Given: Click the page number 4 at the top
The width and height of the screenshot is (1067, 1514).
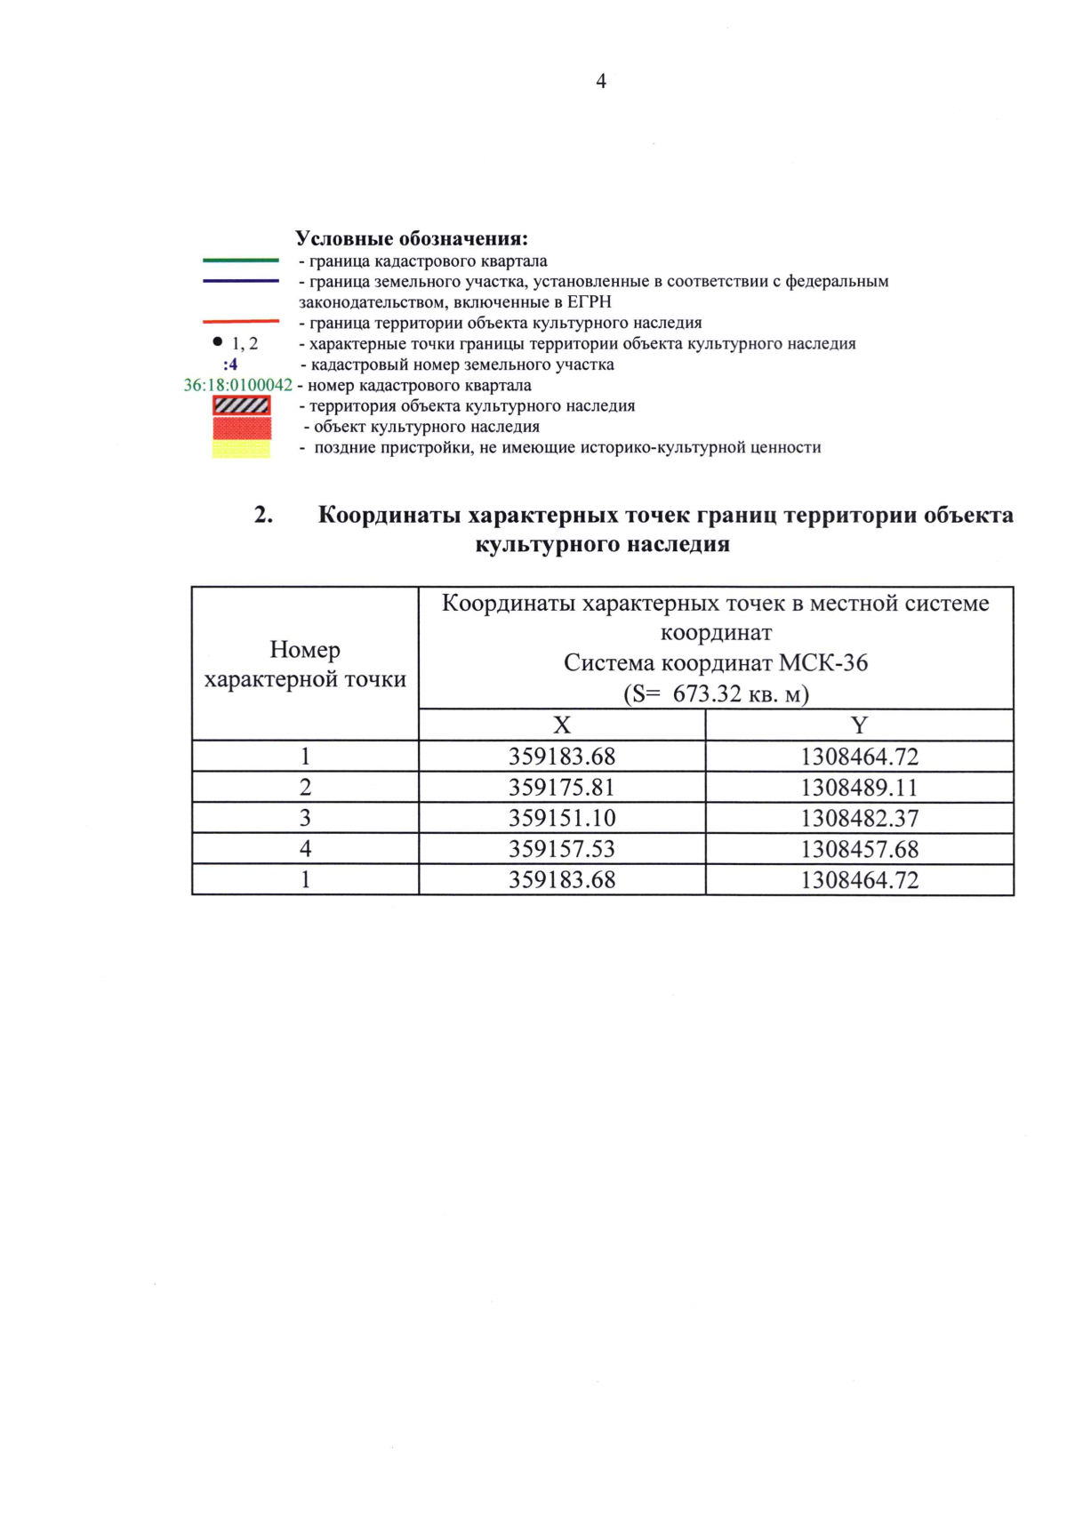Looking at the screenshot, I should [601, 81].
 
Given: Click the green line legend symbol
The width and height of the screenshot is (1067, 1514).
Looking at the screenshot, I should [241, 260].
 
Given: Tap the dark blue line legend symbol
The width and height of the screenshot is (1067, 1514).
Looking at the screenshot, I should [241, 281].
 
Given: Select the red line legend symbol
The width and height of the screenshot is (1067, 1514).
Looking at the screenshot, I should [241, 322].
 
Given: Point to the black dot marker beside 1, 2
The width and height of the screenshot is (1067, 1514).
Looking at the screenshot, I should [217, 341].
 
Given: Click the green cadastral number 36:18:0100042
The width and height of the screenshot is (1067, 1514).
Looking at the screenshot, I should [237, 385].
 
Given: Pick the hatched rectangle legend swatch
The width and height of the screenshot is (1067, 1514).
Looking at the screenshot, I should [241, 405].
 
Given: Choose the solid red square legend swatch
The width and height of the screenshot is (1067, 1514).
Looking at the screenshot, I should [241, 427].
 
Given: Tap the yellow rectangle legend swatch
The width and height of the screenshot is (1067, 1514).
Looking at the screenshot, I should [241, 448].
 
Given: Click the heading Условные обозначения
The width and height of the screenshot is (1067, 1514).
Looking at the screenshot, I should [411, 238].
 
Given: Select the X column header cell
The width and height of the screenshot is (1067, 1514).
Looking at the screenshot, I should [562, 725].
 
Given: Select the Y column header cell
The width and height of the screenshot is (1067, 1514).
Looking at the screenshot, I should [859, 725].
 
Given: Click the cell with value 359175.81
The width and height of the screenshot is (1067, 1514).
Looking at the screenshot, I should [562, 788].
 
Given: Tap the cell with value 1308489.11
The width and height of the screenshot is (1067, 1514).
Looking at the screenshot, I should [859, 788].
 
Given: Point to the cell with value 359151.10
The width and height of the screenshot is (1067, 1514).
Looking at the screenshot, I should [562, 818].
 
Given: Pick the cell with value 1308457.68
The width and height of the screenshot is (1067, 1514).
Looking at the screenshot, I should [859, 849].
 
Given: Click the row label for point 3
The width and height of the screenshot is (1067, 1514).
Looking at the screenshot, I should [305, 818].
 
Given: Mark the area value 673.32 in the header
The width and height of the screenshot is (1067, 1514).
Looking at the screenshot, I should [707, 693].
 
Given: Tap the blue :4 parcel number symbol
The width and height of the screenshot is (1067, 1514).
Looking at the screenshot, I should [230, 364].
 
